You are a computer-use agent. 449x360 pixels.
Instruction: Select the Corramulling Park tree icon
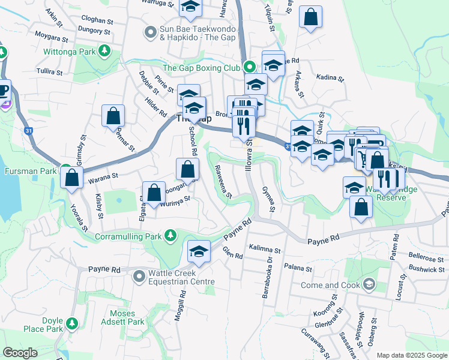click(170, 235)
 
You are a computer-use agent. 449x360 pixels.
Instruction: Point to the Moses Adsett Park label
click(127, 317)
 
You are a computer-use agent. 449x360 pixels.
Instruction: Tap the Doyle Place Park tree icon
click(72, 325)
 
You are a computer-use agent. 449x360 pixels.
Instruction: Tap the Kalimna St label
click(265, 248)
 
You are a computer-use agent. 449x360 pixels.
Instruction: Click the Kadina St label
click(331, 79)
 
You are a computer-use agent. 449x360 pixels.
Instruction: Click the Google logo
click(20, 353)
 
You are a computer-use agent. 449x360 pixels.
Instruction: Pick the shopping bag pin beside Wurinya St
click(154, 193)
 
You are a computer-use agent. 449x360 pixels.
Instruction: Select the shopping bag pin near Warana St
click(72, 178)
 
